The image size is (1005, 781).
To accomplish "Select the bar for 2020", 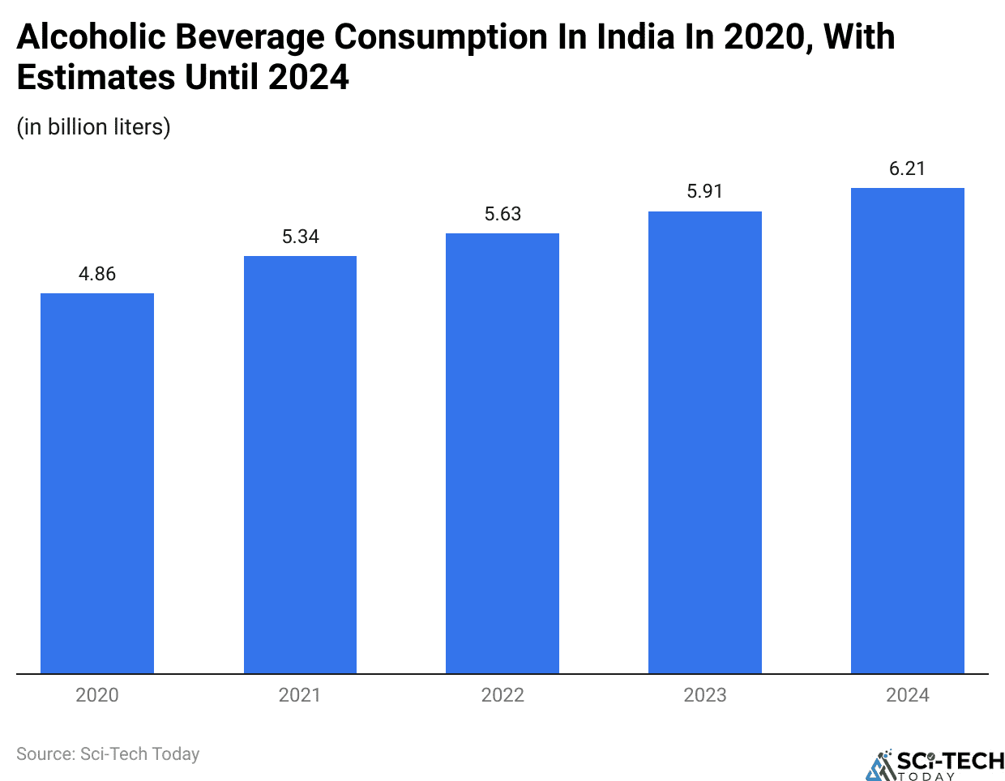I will pos(97,483).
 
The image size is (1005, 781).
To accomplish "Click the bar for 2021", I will pos(300,464).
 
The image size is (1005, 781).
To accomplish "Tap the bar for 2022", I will pos(502,453).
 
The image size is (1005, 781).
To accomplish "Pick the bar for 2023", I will pos(705,442).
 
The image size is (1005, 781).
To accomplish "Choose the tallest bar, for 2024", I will pos(907,430).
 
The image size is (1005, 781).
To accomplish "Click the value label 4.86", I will pos(97,274).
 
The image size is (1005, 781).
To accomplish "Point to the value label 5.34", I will pos(300,237).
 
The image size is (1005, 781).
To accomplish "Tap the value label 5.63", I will pos(502,214).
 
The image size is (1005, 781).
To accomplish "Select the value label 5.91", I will pos(705,191).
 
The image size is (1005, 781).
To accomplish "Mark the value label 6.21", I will pos(907,169).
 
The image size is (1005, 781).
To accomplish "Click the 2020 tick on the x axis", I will pos(97,695).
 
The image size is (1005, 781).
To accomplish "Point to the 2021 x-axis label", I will pos(300,695).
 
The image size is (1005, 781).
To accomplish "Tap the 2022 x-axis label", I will pos(502,695).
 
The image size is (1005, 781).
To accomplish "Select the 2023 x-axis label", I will pos(705,695).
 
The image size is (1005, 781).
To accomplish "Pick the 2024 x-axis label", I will pos(907,695).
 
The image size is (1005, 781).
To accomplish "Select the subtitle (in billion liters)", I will pos(93,127).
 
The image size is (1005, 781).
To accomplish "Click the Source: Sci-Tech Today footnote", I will pos(108,754).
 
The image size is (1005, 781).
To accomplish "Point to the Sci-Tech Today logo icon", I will pos(879,765).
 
